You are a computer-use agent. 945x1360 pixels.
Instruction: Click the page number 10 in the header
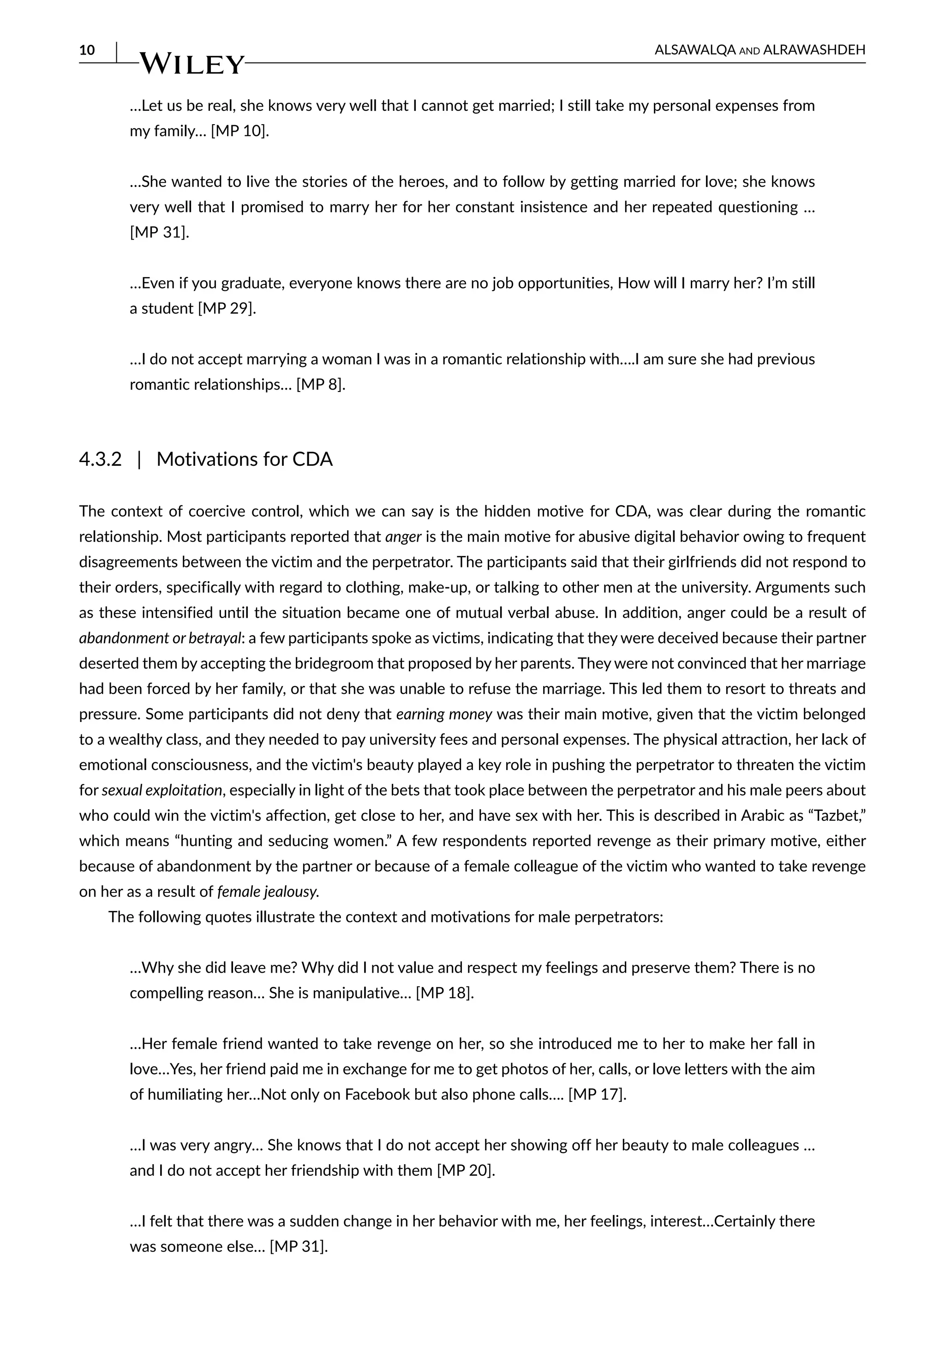[x=87, y=50]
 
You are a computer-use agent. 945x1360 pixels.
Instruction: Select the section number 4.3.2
[x=100, y=459]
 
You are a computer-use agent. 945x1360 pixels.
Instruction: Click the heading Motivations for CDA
[x=245, y=459]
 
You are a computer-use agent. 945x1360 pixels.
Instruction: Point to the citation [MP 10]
[x=240, y=131]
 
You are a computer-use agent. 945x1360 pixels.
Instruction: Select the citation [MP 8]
[x=320, y=385]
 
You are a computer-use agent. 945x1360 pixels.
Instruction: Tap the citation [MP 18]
[x=445, y=993]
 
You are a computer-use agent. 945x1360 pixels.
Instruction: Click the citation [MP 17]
[x=597, y=1094]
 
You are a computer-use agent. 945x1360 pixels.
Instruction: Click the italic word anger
[x=403, y=536]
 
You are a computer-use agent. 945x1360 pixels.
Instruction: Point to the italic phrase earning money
[x=444, y=714]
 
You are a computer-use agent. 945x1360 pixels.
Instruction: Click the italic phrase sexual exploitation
[x=161, y=790]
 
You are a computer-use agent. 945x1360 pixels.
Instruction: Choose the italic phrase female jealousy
[x=268, y=891]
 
